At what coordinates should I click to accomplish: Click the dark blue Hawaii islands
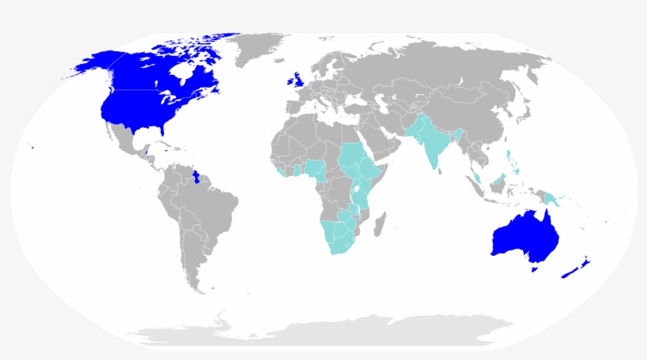coord(32,146)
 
